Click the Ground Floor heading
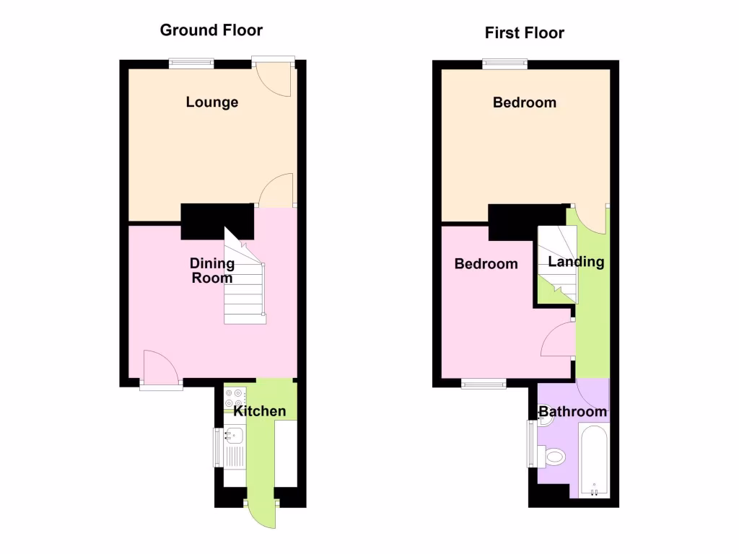211,30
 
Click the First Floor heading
524,32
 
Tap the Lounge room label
211,102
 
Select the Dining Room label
211,271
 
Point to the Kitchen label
260,411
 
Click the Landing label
576,262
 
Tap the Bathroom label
573,412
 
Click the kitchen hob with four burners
235,397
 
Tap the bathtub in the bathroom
594,461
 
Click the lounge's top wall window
191,63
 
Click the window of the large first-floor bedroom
504,63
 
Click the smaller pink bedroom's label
486,264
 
